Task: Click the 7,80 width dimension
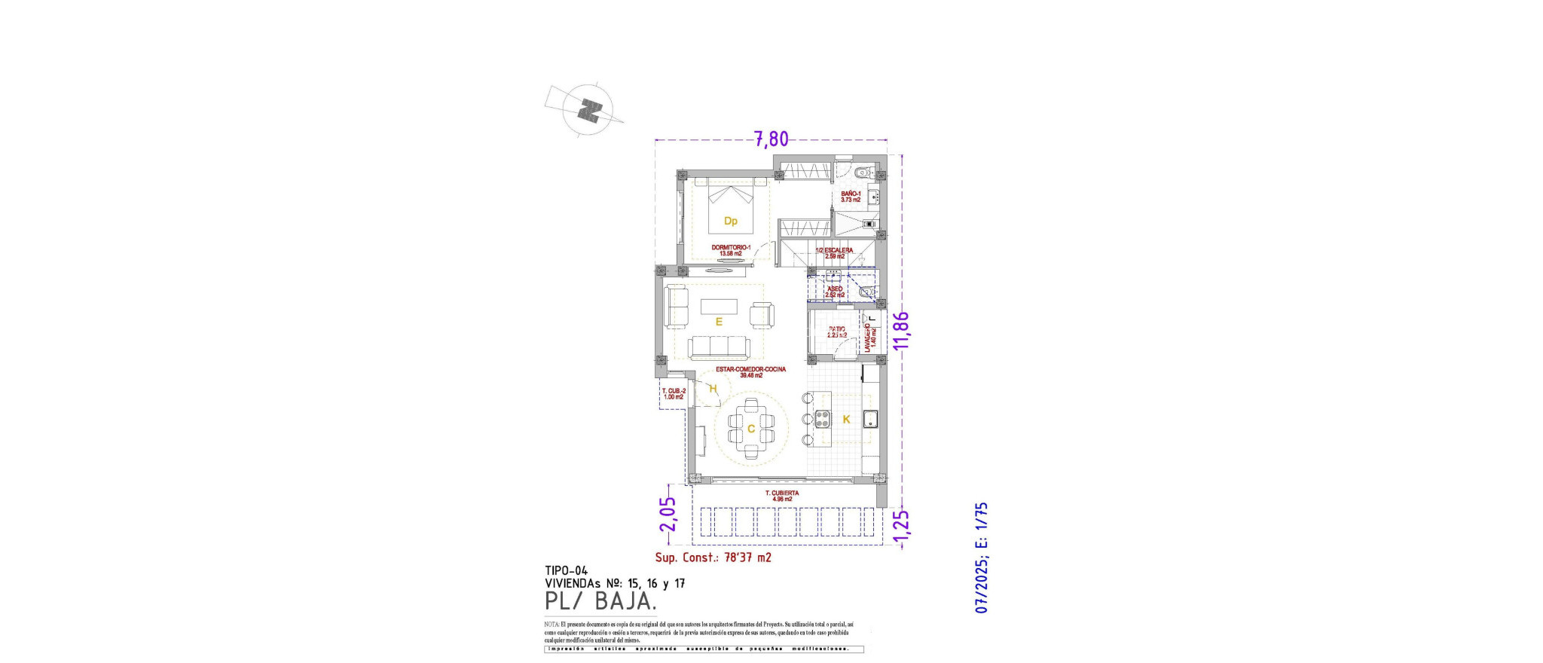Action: coord(771,139)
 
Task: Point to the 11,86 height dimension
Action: coord(900,330)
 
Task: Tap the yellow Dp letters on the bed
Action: coord(730,221)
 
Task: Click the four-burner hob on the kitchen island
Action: coord(821,420)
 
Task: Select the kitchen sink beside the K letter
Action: coord(870,420)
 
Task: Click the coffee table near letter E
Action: coord(719,307)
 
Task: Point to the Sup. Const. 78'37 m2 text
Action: coord(713,558)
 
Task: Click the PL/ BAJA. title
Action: coord(600,601)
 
